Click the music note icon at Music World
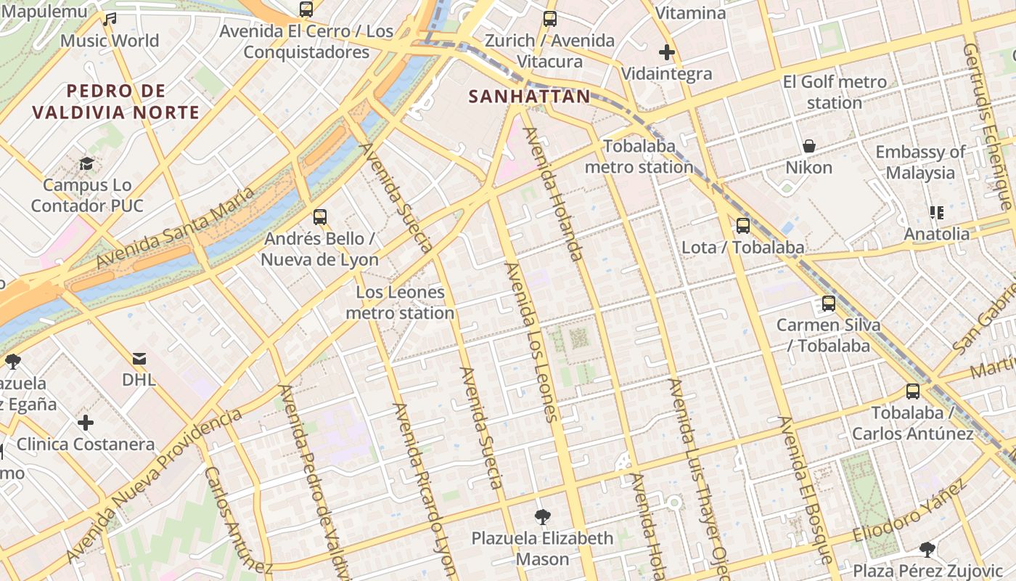point(110,20)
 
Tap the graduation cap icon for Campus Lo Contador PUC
point(87,163)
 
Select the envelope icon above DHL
point(139,359)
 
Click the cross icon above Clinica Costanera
point(86,423)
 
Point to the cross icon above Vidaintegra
point(666,52)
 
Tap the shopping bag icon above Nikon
point(809,147)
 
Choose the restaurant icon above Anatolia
point(936,213)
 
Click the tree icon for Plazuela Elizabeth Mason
point(541,517)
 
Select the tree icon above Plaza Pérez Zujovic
point(927,549)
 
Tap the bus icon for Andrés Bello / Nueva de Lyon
point(319,217)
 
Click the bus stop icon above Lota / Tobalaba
point(742,226)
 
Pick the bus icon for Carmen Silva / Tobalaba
point(828,304)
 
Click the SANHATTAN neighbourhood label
point(529,97)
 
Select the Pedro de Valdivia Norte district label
point(116,102)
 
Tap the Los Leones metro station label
point(400,303)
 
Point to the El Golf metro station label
point(835,92)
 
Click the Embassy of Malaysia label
point(920,163)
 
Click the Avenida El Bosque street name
point(806,490)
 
